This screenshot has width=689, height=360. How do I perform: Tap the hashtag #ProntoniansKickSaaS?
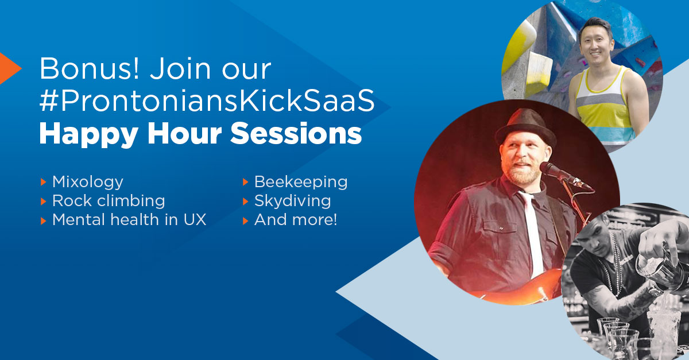click(207, 102)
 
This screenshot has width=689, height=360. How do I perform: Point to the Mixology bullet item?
click(87, 182)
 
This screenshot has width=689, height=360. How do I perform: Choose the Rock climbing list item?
click(109, 200)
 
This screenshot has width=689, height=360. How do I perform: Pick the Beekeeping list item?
click(300, 182)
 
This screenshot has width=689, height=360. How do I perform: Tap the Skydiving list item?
click(292, 200)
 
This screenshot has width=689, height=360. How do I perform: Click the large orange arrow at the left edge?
click(9, 68)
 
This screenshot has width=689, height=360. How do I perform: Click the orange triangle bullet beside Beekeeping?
click(245, 183)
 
